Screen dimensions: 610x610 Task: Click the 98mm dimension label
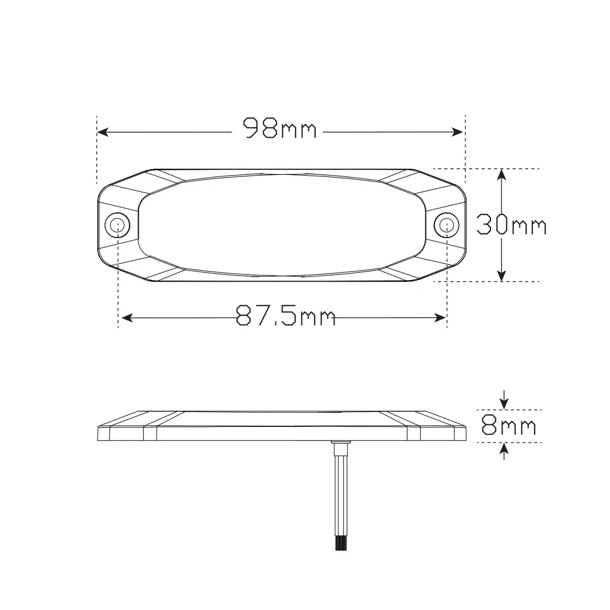280,128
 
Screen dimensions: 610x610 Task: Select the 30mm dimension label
511,225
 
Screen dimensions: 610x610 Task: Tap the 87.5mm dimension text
286,315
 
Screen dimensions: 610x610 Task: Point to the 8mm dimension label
509,425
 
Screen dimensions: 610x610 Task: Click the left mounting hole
117,225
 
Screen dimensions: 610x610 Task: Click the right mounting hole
446,225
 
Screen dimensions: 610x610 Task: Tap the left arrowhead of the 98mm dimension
103,132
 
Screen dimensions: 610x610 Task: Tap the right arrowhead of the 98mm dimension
457,132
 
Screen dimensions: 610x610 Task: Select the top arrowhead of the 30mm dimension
501,175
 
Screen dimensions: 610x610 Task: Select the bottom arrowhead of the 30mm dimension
501,276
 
